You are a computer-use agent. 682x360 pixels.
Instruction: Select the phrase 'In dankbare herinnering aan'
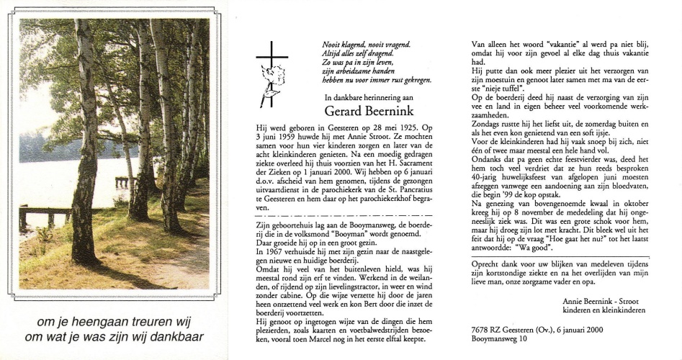click(x=367, y=96)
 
